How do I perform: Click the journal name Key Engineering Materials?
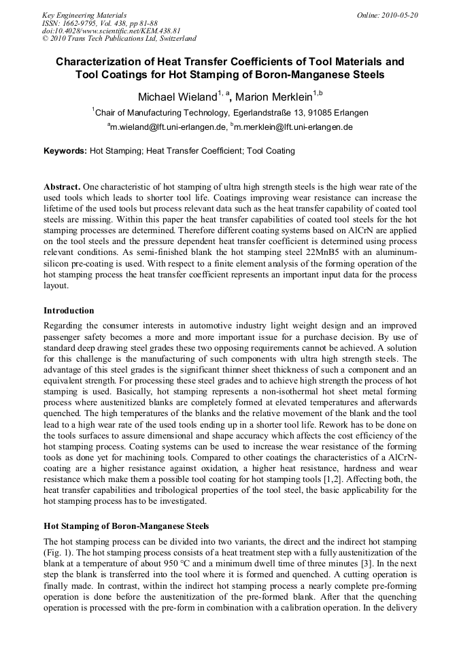point(84,15)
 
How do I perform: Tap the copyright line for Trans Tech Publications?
point(119,39)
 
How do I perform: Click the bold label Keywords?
point(65,151)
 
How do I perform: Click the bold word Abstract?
point(61,186)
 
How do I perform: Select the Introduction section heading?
point(69,311)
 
